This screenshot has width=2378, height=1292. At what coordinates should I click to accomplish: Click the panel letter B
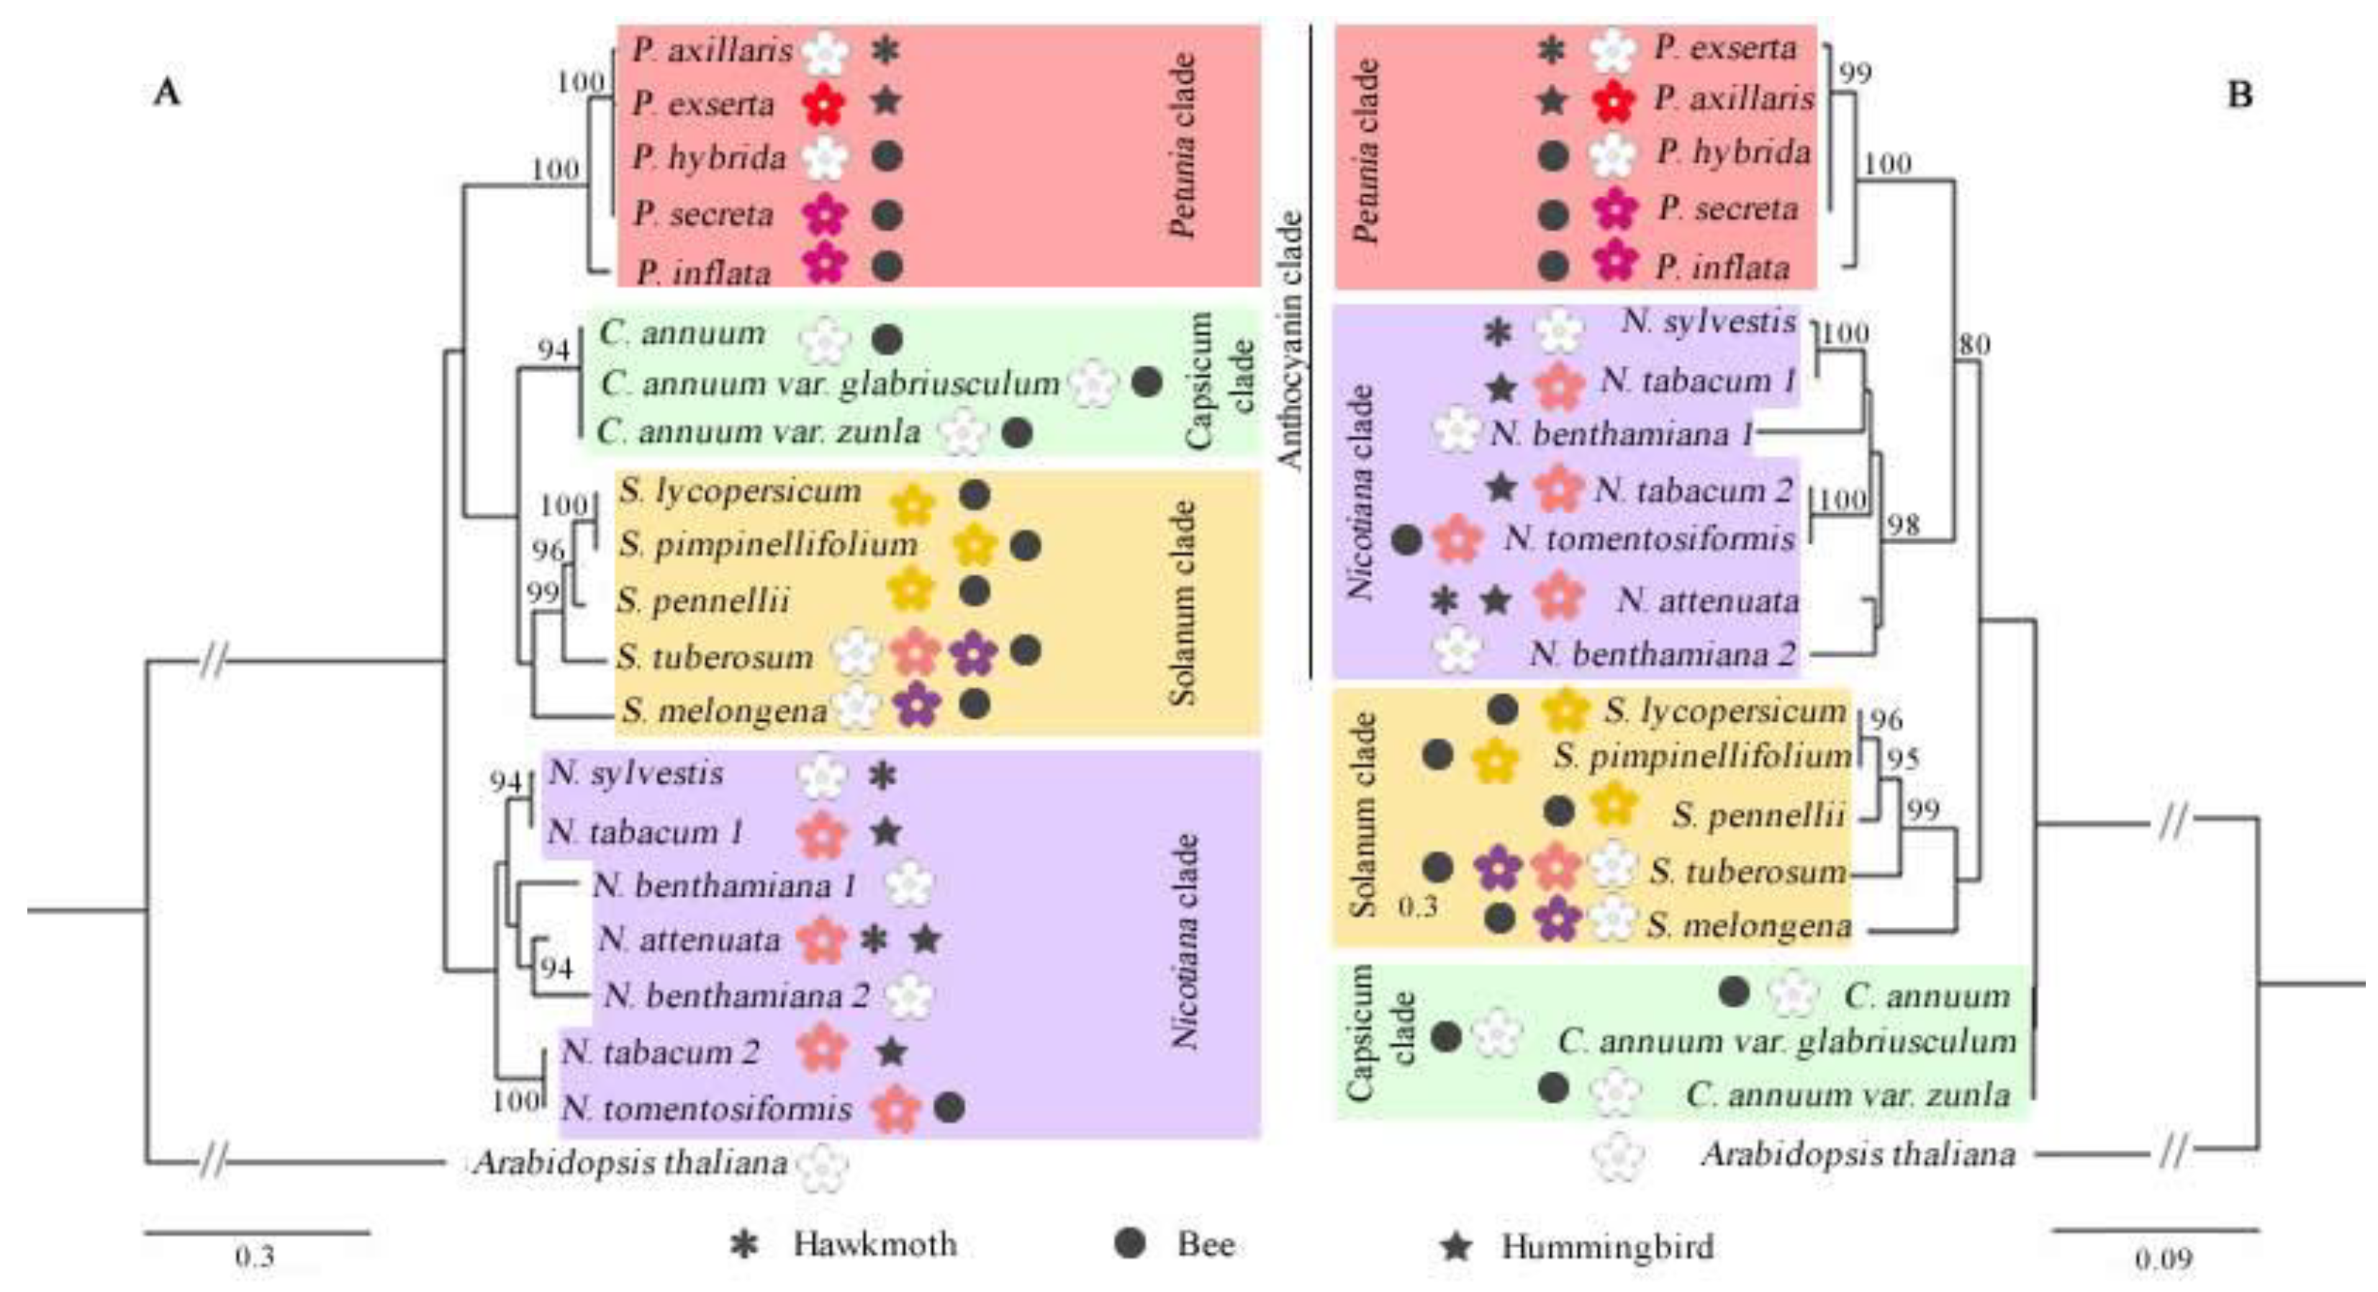2240,94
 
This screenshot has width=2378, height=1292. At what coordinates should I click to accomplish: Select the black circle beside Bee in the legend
1130,1244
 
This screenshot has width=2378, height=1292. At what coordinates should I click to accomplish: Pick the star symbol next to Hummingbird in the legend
1457,1247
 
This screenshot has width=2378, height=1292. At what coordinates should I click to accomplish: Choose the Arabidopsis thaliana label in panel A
630,1162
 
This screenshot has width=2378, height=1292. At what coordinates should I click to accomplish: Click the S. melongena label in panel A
724,710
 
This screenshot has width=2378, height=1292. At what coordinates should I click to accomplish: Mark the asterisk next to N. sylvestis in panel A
882,776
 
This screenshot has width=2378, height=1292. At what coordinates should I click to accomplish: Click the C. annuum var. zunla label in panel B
1847,1095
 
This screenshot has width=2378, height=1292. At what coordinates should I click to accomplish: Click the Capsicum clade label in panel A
1219,380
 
